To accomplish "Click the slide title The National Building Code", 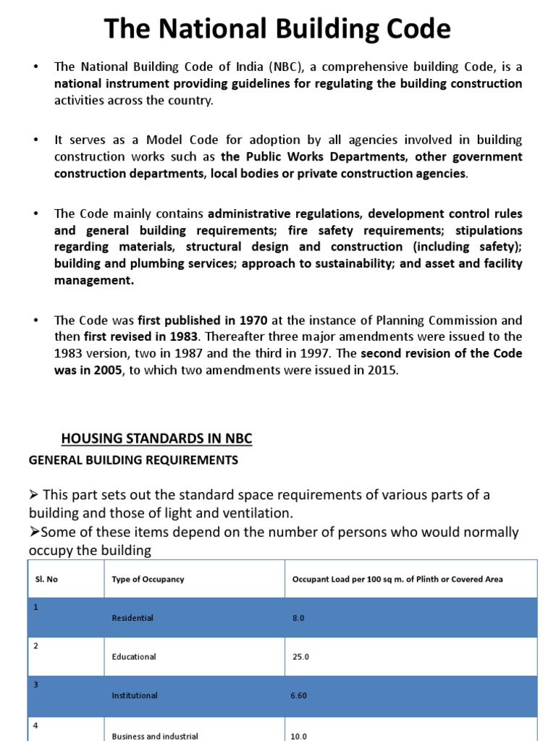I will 277,29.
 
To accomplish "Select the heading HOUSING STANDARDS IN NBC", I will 156,439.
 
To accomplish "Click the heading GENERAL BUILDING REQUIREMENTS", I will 133,460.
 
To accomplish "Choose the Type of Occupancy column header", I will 148,579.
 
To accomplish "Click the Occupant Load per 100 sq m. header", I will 397,579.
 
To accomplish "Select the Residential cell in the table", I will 132,618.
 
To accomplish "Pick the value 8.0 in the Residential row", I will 298,618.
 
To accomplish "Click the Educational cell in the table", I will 134,657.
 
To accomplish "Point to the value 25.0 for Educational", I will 300,657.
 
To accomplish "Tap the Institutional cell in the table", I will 135,695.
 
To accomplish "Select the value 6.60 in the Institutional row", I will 299,695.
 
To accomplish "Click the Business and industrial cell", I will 155,736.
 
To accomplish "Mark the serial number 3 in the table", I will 35,683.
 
